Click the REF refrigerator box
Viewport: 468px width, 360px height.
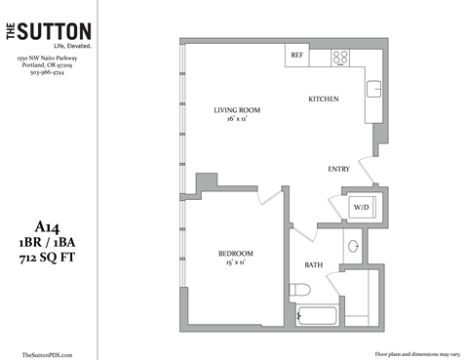click(296, 57)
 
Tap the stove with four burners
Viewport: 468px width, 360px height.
click(341, 57)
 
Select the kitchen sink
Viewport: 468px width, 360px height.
click(374, 91)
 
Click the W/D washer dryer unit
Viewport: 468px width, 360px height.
click(361, 208)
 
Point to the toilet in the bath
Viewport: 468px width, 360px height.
click(298, 290)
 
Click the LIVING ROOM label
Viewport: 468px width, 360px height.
click(237, 109)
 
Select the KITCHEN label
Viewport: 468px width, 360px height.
click(323, 100)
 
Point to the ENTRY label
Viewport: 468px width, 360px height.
click(338, 169)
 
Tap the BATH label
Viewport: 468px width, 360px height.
click(313, 264)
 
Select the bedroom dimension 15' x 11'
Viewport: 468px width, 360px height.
click(236, 263)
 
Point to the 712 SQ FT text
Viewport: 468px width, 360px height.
click(47, 258)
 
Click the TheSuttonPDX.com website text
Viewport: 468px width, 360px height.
click(47, 354)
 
